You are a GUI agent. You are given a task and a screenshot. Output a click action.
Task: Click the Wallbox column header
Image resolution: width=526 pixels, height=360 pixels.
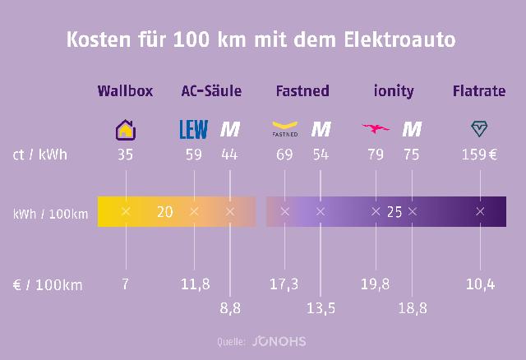[125, 91]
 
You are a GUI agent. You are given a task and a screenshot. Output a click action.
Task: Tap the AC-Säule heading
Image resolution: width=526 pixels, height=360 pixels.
[210, 91]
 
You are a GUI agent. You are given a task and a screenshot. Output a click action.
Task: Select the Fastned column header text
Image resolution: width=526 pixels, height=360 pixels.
[302, 91]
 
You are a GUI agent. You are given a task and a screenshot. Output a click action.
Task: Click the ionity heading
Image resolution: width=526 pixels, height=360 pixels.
[394, 91]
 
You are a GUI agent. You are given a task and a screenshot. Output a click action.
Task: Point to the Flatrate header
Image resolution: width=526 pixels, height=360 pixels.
[479, 91]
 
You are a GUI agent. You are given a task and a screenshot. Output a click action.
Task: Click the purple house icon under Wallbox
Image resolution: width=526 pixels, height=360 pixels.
[125, 129]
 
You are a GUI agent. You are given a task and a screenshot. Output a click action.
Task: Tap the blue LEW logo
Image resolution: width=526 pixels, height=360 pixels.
[194, 129]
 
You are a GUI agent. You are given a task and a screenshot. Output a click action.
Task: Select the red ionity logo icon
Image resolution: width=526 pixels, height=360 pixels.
[376, 129]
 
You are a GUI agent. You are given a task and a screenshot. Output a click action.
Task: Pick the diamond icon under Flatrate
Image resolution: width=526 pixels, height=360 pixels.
[479, 128]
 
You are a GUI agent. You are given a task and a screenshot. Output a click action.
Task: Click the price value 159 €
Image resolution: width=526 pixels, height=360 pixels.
[479, 154]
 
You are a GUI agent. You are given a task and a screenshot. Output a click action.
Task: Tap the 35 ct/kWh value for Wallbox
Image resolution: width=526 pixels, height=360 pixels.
[125, 154]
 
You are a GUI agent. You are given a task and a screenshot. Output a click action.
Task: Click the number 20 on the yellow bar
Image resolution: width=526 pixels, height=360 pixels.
[164, 212]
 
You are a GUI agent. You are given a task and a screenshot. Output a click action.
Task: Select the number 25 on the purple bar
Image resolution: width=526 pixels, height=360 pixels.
[394, 212]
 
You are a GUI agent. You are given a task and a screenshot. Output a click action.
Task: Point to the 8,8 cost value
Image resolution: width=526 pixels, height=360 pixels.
[230, 308]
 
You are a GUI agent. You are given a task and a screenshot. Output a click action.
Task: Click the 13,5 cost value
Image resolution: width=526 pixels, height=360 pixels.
[321, 308]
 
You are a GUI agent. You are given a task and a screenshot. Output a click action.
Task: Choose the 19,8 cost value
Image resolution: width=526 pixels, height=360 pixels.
[376, 284]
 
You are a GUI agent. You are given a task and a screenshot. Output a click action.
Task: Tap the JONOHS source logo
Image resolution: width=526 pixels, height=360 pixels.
[279, 340]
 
